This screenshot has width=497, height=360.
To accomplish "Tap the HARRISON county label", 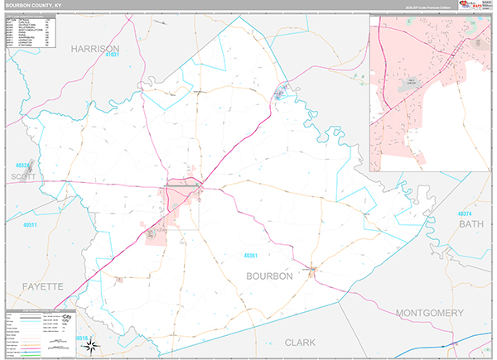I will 95,49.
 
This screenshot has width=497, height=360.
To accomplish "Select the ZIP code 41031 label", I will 113,55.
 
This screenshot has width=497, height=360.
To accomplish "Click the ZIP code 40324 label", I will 23,166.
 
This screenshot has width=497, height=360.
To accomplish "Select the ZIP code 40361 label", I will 252,255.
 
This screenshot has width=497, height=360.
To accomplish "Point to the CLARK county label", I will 300,341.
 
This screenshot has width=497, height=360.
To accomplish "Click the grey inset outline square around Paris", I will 182,207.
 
